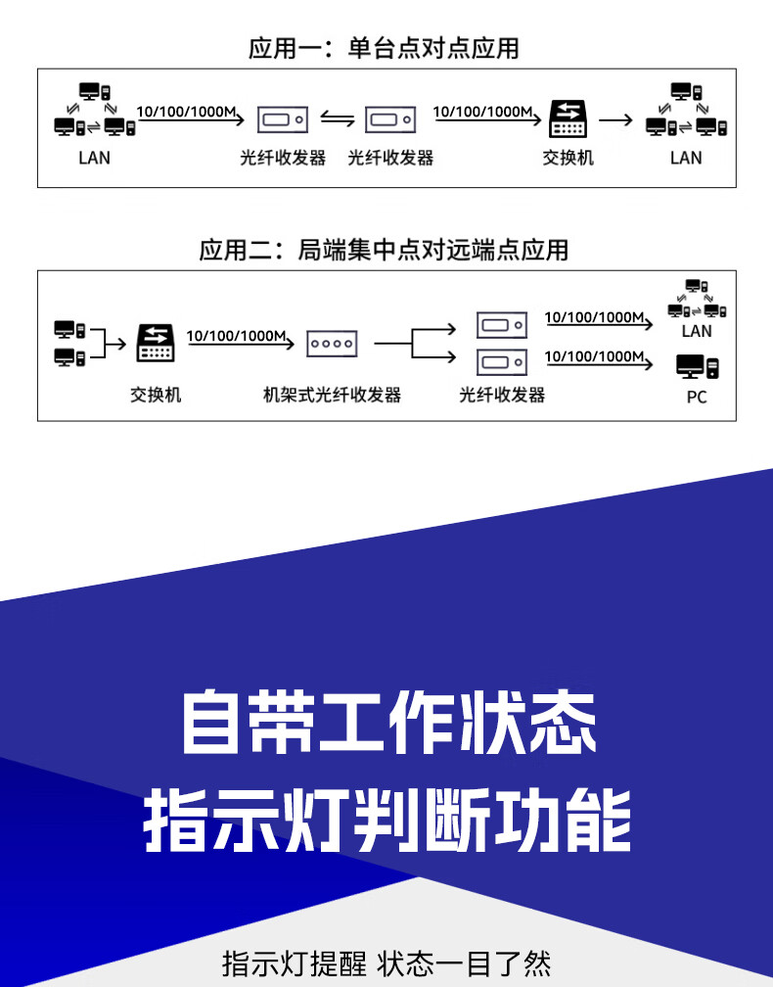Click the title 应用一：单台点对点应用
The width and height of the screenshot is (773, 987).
click(x=384, y=48)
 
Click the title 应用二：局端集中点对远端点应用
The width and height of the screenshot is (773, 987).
click(x=384, y=250)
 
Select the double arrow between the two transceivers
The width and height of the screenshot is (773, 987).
click(x=338, y=120)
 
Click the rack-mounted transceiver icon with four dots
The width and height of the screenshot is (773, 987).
click(x=333, y=343)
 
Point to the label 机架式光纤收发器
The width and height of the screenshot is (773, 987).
click(x=333, y=395)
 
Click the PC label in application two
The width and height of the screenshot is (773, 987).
click(x=697, y=397)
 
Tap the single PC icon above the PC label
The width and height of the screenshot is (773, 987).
click(x=697, y=368)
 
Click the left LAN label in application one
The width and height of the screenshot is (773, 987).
click(x=94, y=158)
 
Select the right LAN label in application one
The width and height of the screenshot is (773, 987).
click(x=686, y=158)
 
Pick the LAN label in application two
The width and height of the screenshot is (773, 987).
click(x=697, y=331)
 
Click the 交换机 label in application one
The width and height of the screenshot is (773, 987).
click(x=568, y=158)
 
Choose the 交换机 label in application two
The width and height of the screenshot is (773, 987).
click(x=156, y=395)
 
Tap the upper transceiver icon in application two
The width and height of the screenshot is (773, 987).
click(x=502, y=324)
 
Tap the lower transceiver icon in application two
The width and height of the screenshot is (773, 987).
click(x=502, y=361)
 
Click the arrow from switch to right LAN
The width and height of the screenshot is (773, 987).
click(x=615, y=120)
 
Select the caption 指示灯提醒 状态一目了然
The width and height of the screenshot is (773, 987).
click(x=386, y=963)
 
